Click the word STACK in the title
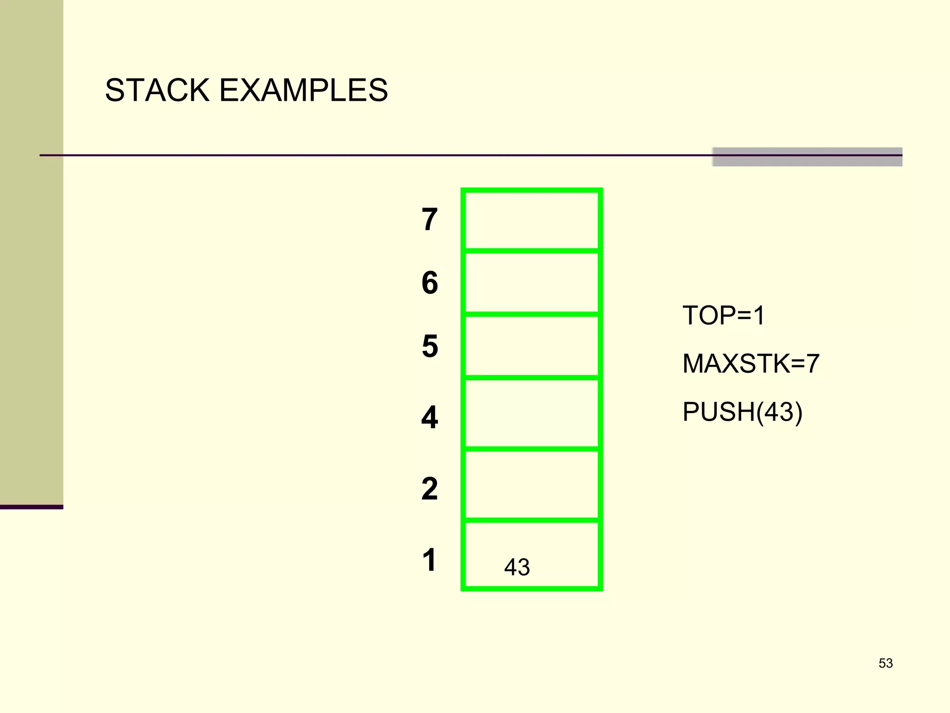click(x=157, y=90)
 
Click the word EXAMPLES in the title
click(x=303, y=90)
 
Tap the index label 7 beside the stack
click(x=430, y=220)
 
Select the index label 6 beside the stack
click(x=430, y=283)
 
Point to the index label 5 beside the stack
click(x=430, y=346)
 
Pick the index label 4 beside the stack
click(x=430, y=417)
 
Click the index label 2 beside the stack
click(x=430, y=489)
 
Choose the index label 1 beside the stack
click(x=430, y=560)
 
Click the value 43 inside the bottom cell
click(x=517, y=567)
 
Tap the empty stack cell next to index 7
click(x=532, y=220)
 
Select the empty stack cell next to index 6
click(x=532, y=283)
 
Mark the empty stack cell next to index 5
click(x=532, y=346)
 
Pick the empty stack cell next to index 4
click(x=532, y=414)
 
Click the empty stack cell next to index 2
click(x=532, y=485)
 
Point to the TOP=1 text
click(x=724, y=316)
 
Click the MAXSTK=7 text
click(x=751, y=363)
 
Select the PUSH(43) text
click(x=742, y=412)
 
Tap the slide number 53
click(x=886, y=663)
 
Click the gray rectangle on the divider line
click(x=807, y=157)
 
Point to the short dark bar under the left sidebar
click(x=32, y=507)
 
